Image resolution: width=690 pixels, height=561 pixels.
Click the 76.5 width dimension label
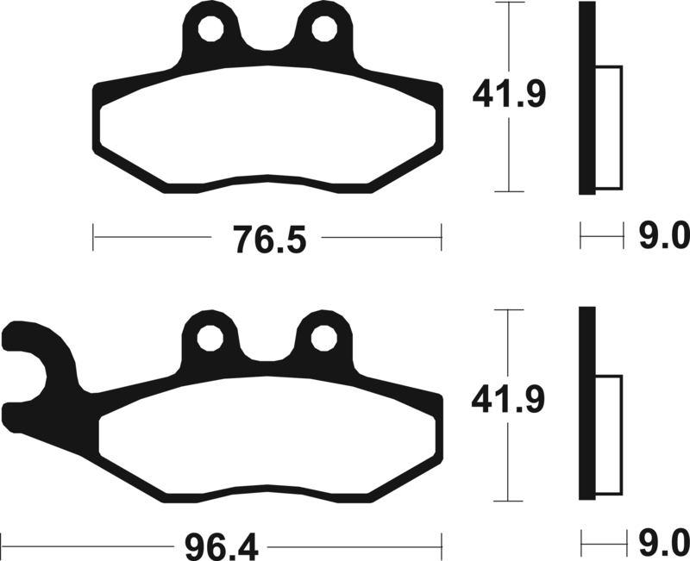(267, 239)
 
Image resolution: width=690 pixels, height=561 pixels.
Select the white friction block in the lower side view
(608, 436)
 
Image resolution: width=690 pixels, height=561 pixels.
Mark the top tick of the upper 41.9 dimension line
(512, 3)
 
